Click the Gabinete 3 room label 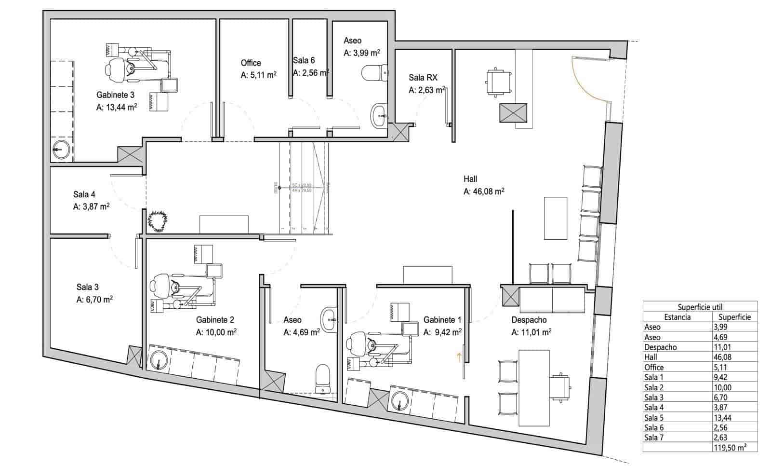[115, 95]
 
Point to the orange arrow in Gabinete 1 [459, 357]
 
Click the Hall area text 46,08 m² [484, 192]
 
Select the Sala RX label [423, 77]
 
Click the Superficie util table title [700, 307]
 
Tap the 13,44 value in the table [722, 418]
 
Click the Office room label [251, 63]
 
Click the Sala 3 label [87, 288]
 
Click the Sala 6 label [304, 60]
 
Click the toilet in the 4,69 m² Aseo [322, 378]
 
